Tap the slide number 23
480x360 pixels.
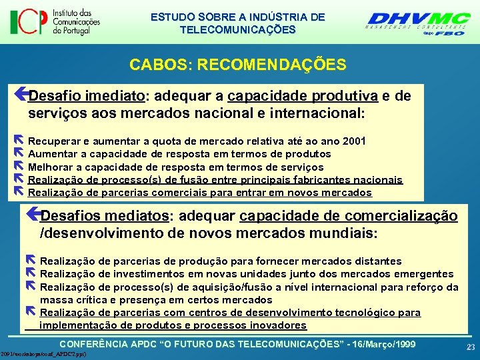click(471, 347)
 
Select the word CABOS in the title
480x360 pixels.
click(151, 65)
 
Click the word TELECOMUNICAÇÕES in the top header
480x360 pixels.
click(237, 29)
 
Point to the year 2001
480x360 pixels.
click(351, 141)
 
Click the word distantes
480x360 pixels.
click(377, 261)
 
